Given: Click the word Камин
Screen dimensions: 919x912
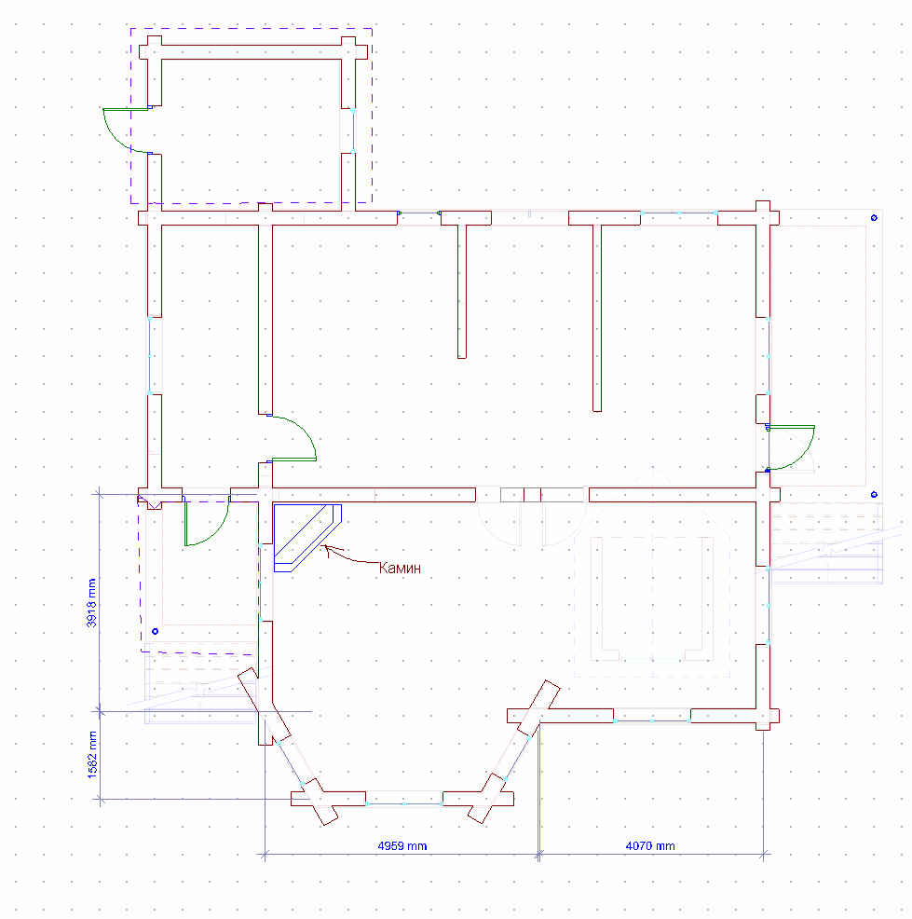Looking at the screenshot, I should pyautogui.click(x=400, y=567).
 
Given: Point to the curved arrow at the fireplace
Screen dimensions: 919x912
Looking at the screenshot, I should pyautogui.click(x=348, y=556).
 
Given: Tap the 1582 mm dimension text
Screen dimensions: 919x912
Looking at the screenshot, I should pyautogui.click(x=91, y=755).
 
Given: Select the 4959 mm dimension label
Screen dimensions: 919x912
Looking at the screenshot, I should pyautogui.click(x=402, y=846).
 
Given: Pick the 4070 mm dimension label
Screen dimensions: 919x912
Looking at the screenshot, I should pyautogui.click(x=650, y=846).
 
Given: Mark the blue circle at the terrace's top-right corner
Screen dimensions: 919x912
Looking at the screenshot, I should pyautogui.click(x=874, y=218).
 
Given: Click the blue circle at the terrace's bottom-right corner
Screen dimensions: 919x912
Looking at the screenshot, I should pyautogui.click(x=874, y=494).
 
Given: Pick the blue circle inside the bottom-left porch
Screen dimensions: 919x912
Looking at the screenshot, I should pyautogui.click(x=155, y=632).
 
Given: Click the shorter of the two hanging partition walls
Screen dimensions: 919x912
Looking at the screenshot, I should pyautogui.click(x=461, y=289).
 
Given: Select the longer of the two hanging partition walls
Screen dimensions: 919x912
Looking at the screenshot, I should pyautogui.click(x=596, y=317).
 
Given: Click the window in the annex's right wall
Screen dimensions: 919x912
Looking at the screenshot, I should pyautogui.click(x=354, y=130).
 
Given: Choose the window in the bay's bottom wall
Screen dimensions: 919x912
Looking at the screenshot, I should pyautogui.click(x=404, y=800).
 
